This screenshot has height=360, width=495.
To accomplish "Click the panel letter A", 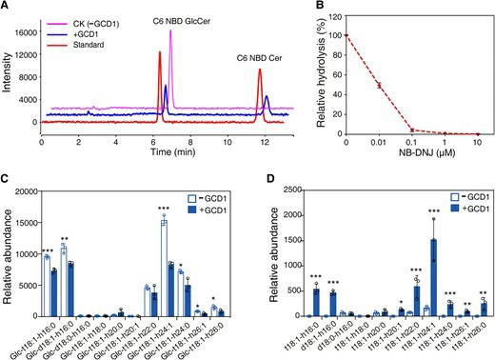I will (7, 7).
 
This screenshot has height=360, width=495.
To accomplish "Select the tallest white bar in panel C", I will (163, 223).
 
